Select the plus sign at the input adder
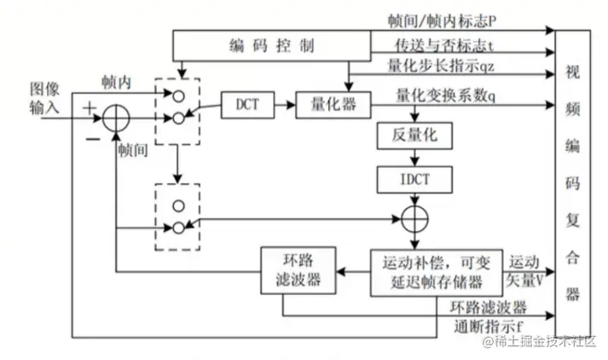click(88, 107)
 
